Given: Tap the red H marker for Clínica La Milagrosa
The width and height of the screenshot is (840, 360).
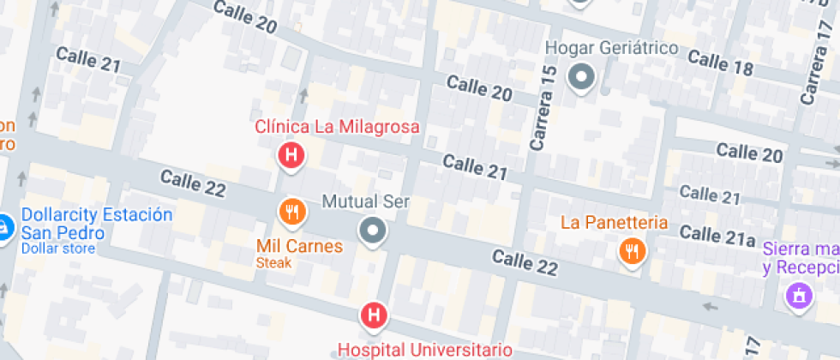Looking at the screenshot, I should (x=291, y=155).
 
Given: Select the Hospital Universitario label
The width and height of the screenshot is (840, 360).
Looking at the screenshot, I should (x=425, y=350).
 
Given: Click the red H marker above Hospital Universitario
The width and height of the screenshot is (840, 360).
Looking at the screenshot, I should (x=374, y=315).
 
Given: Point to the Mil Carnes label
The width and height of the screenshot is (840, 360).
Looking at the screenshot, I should (x=300, y=247).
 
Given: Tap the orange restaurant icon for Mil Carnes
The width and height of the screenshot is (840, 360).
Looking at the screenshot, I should (x=292, y=211).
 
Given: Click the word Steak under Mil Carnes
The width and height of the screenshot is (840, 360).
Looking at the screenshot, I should (x=273, y=263).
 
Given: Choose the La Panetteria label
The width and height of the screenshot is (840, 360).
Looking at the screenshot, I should (x=614, y=223).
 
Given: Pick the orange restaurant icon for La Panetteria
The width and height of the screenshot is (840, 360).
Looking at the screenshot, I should (x=633, y=251).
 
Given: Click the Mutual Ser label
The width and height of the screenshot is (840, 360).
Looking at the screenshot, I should (x=365, y=203).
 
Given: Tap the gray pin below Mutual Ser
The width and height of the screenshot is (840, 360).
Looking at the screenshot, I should (x=373, y=231).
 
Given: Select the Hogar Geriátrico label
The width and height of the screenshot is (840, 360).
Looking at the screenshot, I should (x=612, y=48).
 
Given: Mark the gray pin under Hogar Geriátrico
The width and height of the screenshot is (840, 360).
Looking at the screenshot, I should (x=583, y=77).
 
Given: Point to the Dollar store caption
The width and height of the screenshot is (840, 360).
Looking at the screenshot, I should (x=57, y=249).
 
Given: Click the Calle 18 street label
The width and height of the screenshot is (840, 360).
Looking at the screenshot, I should (x=720, y=63).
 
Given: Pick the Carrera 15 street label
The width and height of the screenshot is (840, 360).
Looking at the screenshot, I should (x=543, y=109).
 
